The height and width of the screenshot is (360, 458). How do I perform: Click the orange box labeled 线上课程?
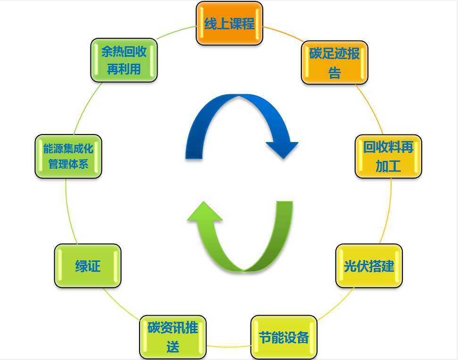pos(229,24)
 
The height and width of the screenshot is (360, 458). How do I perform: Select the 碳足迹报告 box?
pos(334,62)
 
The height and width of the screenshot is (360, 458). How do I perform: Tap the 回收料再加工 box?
pos(388,157)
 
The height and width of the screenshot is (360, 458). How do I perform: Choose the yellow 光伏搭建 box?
pos(369,266)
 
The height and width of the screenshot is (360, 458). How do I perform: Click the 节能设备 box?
pos(284,337)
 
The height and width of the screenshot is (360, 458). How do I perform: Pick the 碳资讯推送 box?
pos(173,337)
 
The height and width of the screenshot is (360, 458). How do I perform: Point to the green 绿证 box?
pos(88,266)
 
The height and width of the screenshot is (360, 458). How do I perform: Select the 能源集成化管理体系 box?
pos(68,157)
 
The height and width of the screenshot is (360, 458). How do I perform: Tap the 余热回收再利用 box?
pos(124,60)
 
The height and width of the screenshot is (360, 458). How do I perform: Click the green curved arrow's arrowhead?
pos(205,212)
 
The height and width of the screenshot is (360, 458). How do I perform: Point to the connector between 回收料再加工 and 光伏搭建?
pos(388,212)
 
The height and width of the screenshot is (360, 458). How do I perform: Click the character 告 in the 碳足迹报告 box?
pos(334,73)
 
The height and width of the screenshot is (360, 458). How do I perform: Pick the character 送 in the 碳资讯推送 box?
pos(173,348)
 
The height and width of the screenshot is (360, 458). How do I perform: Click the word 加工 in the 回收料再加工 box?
pos(388,167)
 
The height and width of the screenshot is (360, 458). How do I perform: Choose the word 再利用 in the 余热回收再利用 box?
pos(124,69)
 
